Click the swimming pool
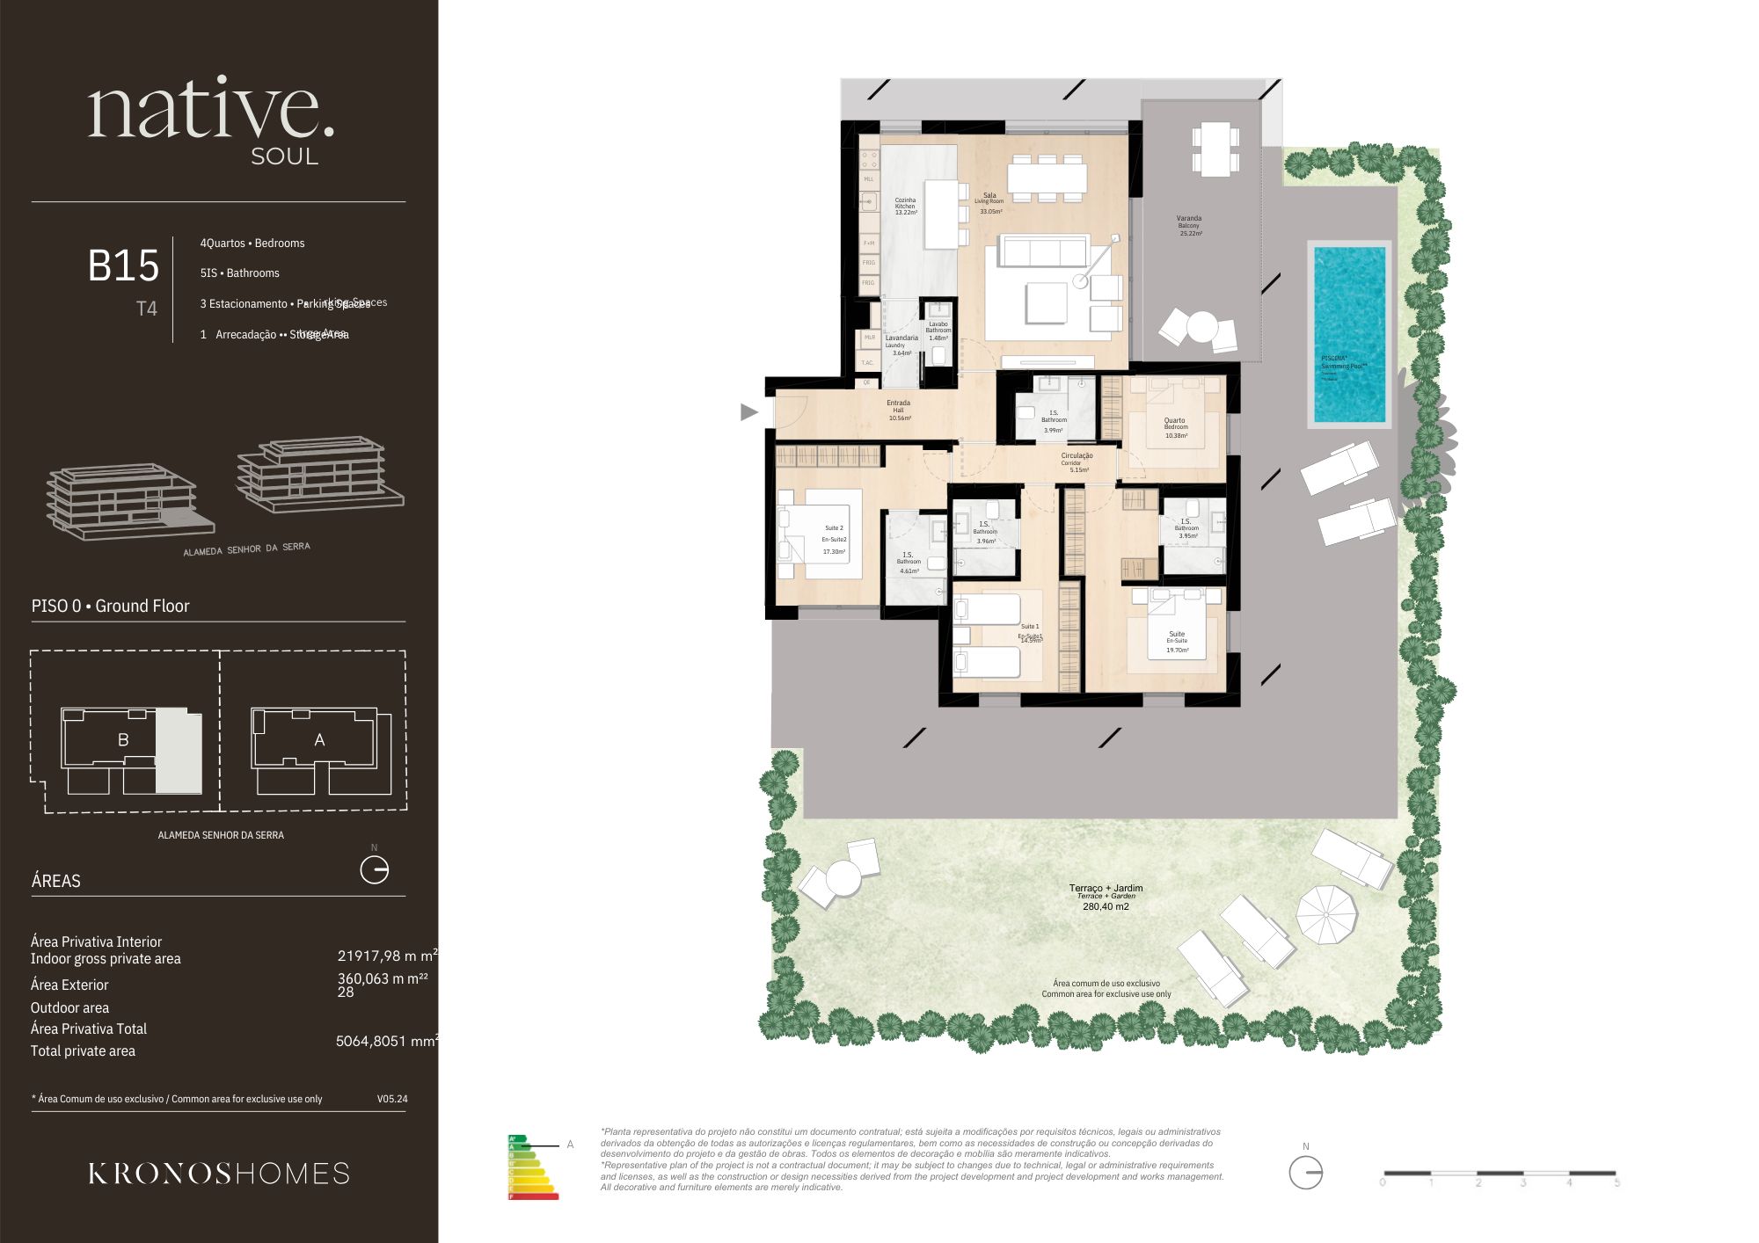click(1349, 334)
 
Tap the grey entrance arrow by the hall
click(748, 411)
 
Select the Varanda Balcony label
click(1189, 225)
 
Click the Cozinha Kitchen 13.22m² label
click(905, 206)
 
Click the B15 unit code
click(123, 265)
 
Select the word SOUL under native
click(284, 156)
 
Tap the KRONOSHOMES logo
click(219, 1174)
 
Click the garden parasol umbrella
click(1327, 914)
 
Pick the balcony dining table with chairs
click(1215, 149)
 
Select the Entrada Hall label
click(899, 411)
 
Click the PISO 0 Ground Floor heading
click(110, 606)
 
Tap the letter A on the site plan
click(319, 740)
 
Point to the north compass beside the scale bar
click(1305, 1172)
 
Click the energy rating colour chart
click(532, 1167)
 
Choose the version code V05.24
click(392, 1099)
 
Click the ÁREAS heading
click(55, 881)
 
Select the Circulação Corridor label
click(1077, 462)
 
